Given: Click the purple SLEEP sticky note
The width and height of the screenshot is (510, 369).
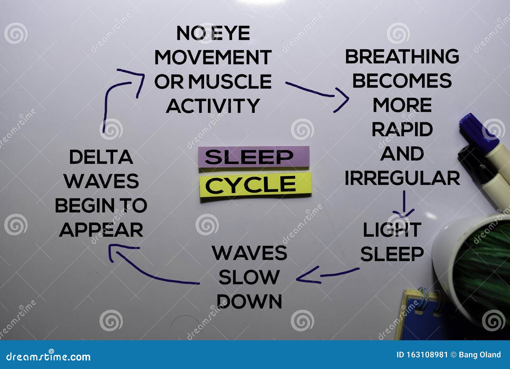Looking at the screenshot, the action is tap(254, 157).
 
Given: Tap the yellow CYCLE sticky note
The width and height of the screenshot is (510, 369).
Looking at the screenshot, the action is tap(255, 185).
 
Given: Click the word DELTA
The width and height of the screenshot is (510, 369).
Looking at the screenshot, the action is tap(101, 157).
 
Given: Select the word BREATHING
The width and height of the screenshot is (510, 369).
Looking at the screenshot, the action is tap(402, 56).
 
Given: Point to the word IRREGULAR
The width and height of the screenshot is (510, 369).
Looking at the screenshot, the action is tap(402, 178).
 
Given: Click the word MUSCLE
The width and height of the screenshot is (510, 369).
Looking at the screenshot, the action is tap(230, 81).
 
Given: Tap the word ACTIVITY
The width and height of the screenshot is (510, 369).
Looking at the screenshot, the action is tap(213, 106).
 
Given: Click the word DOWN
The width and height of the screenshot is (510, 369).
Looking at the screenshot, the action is tap(249, 301).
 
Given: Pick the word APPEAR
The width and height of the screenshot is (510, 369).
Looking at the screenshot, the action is tap(101, 230).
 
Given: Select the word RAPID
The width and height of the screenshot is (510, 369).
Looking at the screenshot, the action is tap(402, 129).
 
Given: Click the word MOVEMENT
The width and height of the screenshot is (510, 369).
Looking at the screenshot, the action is tap(213, 57).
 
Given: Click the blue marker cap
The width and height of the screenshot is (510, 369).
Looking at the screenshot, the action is tap(478, 132).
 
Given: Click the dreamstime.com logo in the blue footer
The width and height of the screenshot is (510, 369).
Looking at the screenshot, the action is tap(48, 357).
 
